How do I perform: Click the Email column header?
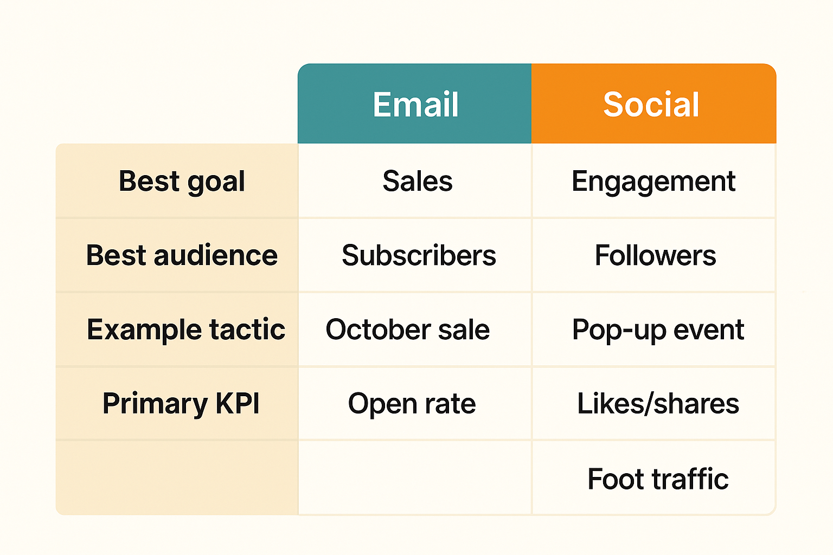point(415,104)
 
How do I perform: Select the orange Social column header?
point(652,104)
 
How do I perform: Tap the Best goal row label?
point(182,181)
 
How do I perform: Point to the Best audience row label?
point(182,255)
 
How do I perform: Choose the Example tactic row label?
point(185,330)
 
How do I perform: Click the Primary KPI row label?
point(181,404)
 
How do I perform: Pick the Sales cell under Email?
point(417,181)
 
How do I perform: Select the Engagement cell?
point(653,181)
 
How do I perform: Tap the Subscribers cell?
point(418,255)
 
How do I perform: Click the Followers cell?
point(655,255)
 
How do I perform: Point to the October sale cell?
point(407,330)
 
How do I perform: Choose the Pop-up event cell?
point(658,330)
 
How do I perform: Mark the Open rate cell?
point(412,404)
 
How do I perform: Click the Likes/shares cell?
point(658,404)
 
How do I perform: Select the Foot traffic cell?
point(658,479)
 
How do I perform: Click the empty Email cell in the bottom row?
point(415,477)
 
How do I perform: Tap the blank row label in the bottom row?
point(177,477)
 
